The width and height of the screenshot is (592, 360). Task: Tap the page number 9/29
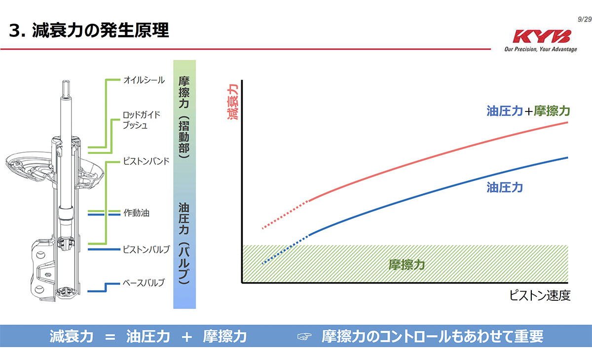click(x=584, y=19)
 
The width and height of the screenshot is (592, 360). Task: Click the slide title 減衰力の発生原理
click(x=89, y=31)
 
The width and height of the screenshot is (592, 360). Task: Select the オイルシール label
click(x=144, y=80)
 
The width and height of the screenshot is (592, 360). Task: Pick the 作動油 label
click(x=136, y=213)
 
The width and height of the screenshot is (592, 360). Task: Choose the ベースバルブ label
click(x=143, y=283)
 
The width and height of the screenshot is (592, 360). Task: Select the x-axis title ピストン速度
click(x=540, y=296)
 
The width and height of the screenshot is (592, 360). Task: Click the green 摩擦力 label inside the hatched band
click(x=407, y=265)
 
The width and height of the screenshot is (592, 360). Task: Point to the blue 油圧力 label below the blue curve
click(x=504, y=187)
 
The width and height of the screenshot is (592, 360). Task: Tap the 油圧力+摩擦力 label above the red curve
click(x=528, y=111)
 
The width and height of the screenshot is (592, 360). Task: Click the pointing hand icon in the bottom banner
click(x=304, y=337)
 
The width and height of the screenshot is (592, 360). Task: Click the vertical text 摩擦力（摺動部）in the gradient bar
click(x=184, y=117)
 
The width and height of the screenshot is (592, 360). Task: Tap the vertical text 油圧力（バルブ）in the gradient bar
click(x=184, y=244)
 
